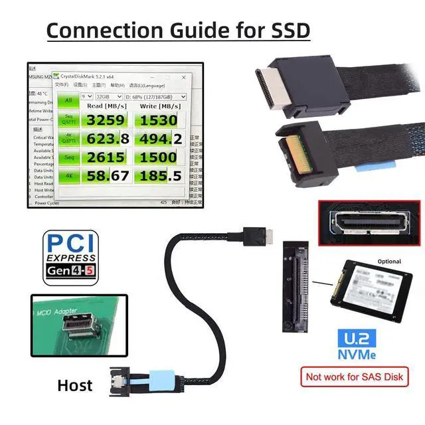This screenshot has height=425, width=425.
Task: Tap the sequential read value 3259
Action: [105, 120]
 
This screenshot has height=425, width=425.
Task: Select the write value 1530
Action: [158, 120]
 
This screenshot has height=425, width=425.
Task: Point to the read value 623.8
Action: [105, 139]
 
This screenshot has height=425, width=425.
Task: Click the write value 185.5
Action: [158, 176]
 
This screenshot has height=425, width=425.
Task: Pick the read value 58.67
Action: [105, 176]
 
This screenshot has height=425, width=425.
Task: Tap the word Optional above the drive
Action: [388, 261]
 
